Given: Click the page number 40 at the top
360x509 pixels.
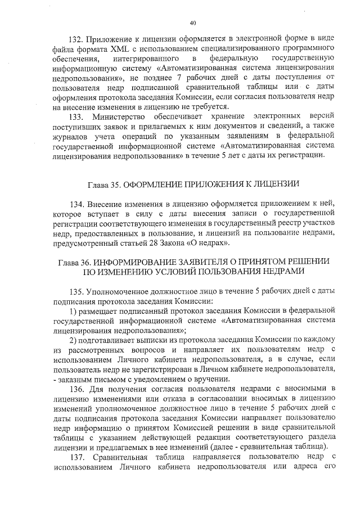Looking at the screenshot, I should pos(192,22).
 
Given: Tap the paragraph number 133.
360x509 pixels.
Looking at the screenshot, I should pos(76,117).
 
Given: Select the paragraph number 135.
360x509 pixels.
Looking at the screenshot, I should pos(76,292).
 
